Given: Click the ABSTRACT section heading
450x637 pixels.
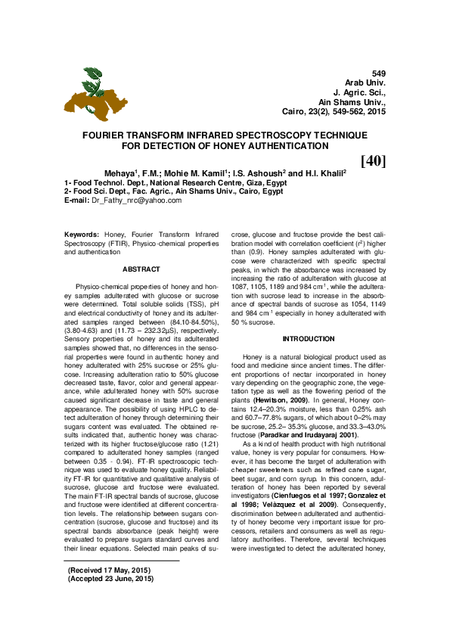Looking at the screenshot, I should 141,269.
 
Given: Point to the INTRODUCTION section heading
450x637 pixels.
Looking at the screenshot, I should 308,338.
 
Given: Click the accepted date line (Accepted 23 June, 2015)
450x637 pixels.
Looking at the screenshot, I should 110,599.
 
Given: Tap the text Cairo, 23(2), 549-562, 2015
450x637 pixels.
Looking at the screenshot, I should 334,110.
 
